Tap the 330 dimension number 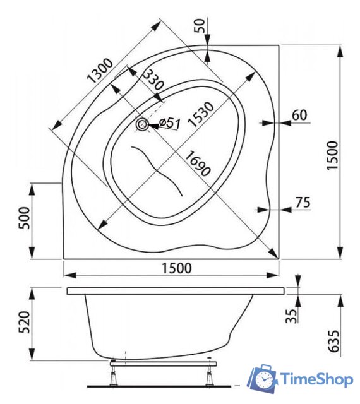152,81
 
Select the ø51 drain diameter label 169,122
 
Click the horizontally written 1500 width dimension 173,267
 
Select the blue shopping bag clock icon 261,378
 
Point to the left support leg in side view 114,375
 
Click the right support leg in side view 205,376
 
